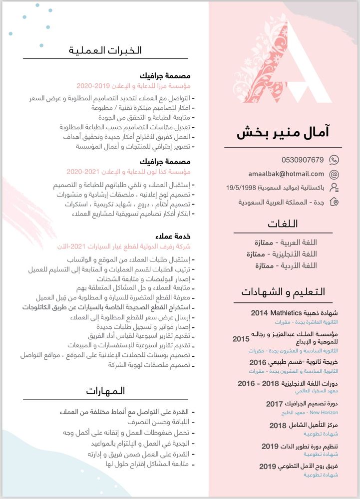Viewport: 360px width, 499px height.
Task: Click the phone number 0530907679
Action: coord(302,160)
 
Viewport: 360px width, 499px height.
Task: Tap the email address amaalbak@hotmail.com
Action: coord(286,174)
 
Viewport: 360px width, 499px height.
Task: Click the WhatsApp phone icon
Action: coord(334,160)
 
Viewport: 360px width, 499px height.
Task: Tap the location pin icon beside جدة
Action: coord(334,202)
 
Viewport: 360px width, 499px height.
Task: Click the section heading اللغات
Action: coord(283,223)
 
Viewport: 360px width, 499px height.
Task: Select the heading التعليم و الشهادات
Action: coord(283,292)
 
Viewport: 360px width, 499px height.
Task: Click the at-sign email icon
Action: coord(334,174)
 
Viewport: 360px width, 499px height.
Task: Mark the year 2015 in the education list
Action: coord(241,339)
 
